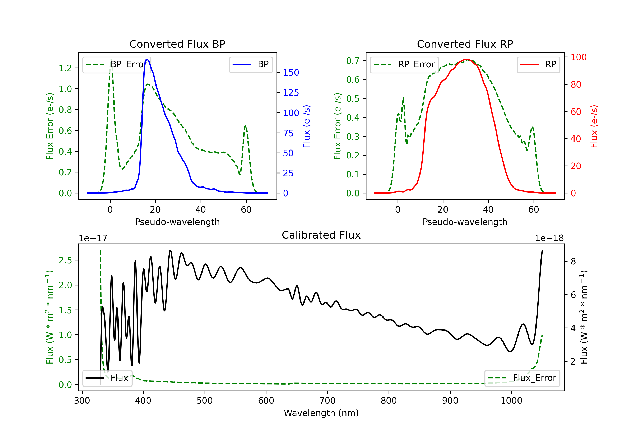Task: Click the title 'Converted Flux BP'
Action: (x=177, y=44)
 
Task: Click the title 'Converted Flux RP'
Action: (x=465, y=44)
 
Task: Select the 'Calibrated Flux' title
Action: (x=321, y=235)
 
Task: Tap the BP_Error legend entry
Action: (x=117, y=64)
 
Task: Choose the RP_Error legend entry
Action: (x=404, y=64)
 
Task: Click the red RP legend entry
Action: (x=538, y=64)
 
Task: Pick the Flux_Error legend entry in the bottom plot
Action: (x=522, y=378)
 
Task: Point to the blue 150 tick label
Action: (x=291, y=73)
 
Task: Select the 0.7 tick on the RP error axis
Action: (x=353, y=61)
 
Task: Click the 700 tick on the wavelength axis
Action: (x=328, y=401)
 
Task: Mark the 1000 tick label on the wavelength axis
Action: (x=511, y=401)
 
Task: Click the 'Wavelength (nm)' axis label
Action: (x=321, y=413)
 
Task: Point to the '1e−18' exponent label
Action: (x=549, y=238)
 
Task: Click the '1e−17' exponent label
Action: (x=93, y=238)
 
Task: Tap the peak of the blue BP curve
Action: (x=147, y=59)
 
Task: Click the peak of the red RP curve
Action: (x=468, y=59)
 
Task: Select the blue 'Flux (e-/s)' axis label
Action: (x=306, y=126)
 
